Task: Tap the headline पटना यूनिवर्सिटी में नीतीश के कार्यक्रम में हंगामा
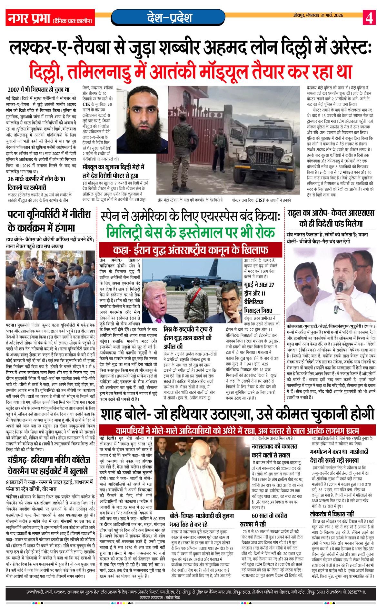(x=49, y=221)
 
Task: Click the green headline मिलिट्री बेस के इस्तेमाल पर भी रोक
(x=191, y=233)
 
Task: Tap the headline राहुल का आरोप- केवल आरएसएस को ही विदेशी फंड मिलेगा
(x=331, y=218)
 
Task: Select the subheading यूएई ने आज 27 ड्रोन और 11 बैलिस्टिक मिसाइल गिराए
(x=260, y=297)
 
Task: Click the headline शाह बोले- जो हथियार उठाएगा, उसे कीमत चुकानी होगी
(x=237, y=414)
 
